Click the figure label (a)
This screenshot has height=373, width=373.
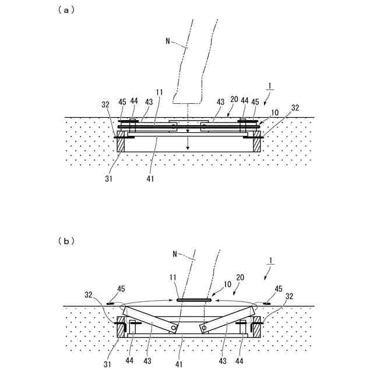[66, 9]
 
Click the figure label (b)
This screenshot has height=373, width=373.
[66, 240]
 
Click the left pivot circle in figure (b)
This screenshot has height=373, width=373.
[174, 328]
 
